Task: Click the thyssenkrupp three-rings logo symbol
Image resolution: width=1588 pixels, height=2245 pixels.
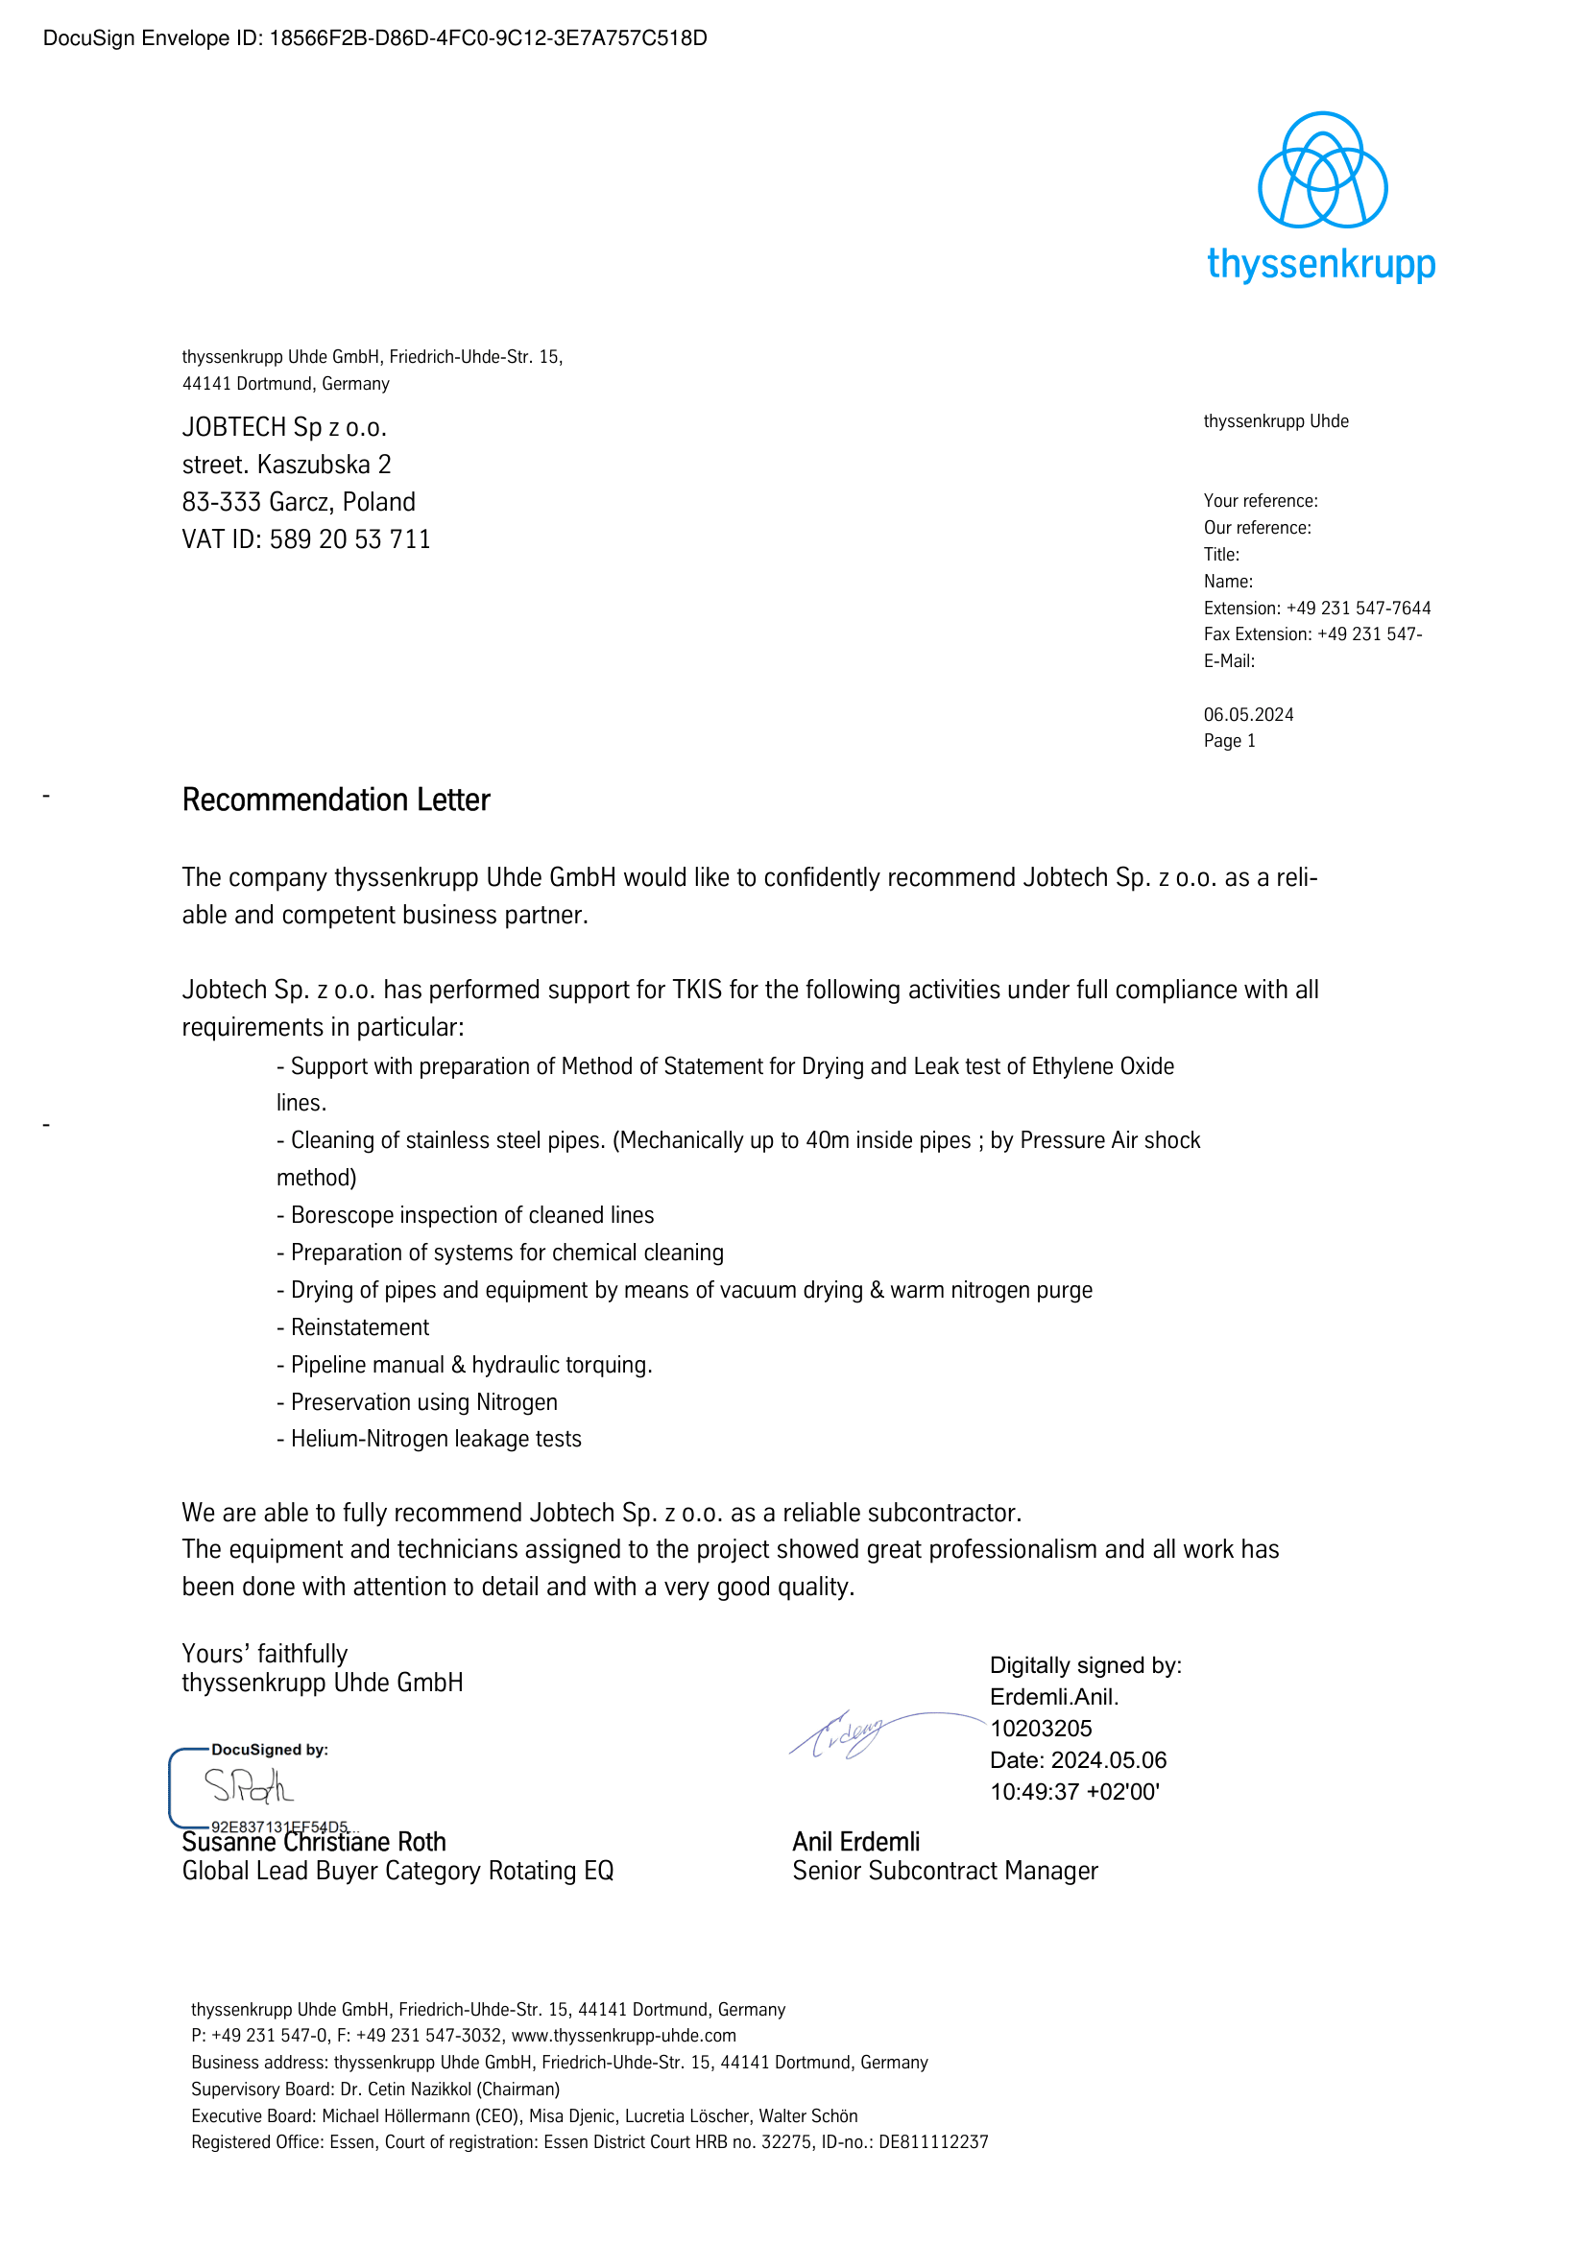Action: [1321, 170]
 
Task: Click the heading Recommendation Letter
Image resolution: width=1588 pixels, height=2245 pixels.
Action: [335, 800]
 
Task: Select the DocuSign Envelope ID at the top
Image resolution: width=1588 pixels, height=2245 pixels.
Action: [374, 38]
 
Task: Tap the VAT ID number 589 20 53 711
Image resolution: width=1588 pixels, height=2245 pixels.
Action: [350, 539]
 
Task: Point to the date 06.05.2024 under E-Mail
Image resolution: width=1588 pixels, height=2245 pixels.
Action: [1248, 715]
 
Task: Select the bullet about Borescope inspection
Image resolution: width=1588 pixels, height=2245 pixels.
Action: [466, 1215]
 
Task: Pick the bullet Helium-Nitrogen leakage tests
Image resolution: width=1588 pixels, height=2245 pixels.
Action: [429, 1440]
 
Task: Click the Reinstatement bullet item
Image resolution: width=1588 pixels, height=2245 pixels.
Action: [353, 1327]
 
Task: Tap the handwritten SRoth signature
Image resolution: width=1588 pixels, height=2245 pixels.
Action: [249, 1786]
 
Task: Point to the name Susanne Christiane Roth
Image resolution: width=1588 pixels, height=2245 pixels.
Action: [314, 1842]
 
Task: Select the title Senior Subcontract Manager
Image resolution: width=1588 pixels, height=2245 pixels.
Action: [945, 1871]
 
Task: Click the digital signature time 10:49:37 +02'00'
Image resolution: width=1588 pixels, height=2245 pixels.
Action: [1073, 1791]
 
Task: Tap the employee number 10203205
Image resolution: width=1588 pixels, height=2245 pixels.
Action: [1041, 1729]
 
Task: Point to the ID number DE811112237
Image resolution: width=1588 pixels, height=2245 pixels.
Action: [933, 2142]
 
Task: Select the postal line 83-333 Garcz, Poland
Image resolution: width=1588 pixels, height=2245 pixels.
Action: [299, 503]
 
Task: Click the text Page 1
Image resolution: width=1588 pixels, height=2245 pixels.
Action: [1229, 741]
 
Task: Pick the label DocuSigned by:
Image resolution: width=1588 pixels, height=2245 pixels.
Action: [270, 1750]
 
